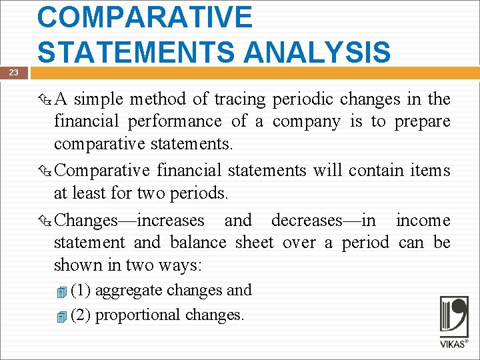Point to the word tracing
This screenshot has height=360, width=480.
coord(239,99)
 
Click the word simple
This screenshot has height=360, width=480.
coord(98,99)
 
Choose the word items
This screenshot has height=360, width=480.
coord(430,171)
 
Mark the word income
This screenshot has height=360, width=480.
coord(423,221)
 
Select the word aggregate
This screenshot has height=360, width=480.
coord(129,291)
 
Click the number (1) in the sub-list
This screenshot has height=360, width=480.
coord(81,291)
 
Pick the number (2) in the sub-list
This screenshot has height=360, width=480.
coord(81,315)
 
